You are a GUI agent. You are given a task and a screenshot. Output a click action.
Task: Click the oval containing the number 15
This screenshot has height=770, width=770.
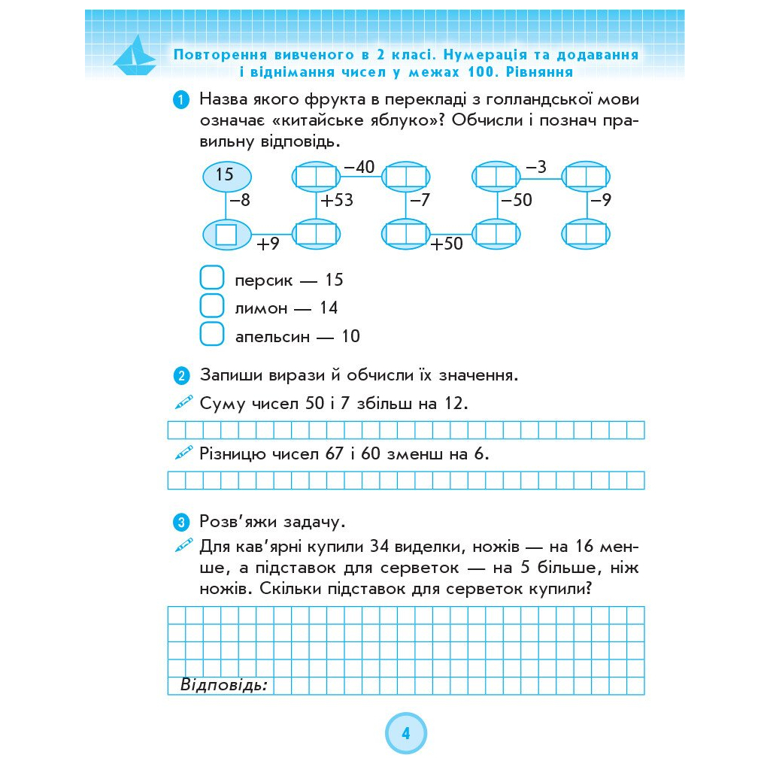[x=226, y=176]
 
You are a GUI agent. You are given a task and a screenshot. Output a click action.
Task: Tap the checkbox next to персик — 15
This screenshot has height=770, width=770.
[x=212, y=279]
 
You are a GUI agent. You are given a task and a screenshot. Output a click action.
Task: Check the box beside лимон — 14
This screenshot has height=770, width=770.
[x=212, y=307]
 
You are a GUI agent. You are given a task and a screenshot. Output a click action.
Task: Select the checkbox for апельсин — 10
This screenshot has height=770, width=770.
[x=212, y=335]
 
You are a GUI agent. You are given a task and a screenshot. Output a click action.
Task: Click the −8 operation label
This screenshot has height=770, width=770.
[x=240, y=202]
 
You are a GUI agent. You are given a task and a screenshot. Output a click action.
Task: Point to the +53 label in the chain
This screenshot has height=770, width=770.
[x=336, y=202]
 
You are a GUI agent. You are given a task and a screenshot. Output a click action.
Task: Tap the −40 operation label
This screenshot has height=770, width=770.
[x=359, y=167]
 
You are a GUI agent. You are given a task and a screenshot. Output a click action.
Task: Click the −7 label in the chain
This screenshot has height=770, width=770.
[x=420, y=202]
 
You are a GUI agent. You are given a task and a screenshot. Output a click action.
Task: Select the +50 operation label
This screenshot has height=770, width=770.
[x=447, y=244]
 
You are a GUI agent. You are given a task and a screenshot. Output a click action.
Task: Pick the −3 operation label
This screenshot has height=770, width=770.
[x=536, y=167]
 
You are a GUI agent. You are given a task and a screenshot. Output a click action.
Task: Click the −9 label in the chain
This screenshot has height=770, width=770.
[x=600, y=202]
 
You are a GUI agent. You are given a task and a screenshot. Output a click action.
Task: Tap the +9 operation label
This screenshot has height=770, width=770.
[x=268, y=244]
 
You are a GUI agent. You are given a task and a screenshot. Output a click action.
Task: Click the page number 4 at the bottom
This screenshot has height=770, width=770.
[x=406, y=734]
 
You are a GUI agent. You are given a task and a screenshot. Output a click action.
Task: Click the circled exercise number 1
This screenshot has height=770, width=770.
[x=181, y=100]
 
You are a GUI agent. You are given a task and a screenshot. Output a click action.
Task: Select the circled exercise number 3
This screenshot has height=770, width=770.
[x=181, y=522]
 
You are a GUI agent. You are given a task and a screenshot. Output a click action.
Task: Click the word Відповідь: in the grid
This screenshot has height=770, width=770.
[x=224, y=685]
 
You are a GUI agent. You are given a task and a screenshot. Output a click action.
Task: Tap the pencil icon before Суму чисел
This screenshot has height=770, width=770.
[x=184, y=403]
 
